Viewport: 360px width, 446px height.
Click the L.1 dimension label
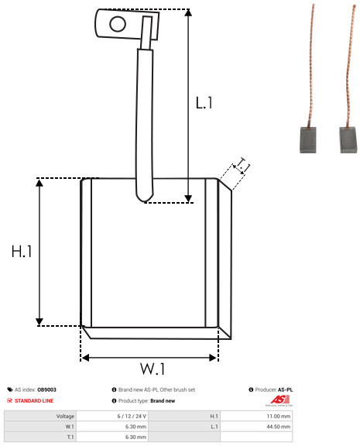click(x=204, y=103)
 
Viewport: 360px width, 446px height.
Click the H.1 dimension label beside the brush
click(x=22, y=251)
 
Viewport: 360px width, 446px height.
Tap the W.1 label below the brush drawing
click(x=153, y=369)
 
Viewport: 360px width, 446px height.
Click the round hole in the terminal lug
click(x=118, y=24)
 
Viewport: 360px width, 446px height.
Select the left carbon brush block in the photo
click(x=307, y=139)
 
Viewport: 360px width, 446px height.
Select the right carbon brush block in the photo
click(x=348, y=139)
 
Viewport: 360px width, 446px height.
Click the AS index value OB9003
click(x=46, y=389)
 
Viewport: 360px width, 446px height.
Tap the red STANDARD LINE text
click(x=34, y=401)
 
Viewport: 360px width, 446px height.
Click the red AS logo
click(x=279, y=400)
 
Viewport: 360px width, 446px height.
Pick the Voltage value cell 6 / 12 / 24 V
click(x=132, y=416)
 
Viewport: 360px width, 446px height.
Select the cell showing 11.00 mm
click(x=279, y=416)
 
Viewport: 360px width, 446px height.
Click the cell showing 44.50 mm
click(x=279, y=427)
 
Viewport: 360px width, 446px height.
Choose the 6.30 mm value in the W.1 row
click(x=135, y=427)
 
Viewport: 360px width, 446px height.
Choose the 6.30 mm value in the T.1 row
click(x=135, y=437)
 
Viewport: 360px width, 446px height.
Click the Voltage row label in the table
click(x=65, y=417)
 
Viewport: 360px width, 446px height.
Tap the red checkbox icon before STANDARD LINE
click(x=9, y=400)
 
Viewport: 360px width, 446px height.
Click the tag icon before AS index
click(x=10, y=389)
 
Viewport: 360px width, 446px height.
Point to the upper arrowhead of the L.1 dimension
click(x=188, y=12)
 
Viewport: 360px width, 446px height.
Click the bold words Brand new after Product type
click(x=163, y=401)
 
